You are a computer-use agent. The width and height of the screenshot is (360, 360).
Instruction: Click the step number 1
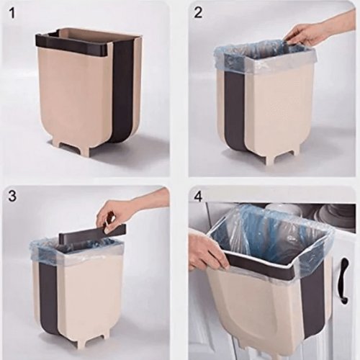(x=12, y=14)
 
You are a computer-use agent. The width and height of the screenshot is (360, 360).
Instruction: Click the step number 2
(x=197, y=12)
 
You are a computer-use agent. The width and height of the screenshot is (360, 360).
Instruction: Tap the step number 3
(x=12, y=196)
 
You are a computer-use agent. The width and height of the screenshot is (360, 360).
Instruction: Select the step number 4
(x=198, y=196)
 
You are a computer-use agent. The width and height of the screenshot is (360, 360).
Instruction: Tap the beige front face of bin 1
(x=74, y=96)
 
